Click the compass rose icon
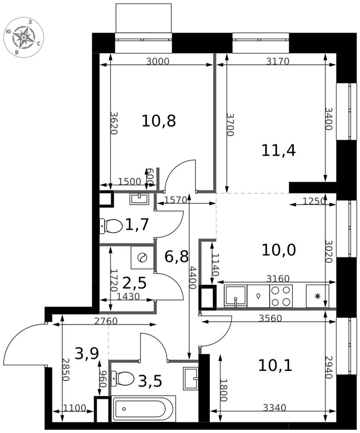coord(22,37)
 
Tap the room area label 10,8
coord(158,121)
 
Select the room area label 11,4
coord(278,150)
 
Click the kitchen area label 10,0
coord(278,250)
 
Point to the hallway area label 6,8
coord(177,257)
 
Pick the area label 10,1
coord(275,366)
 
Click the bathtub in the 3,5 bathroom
coord(144,408)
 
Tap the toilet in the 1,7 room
coord(111,226)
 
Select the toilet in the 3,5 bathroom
coord(123,378)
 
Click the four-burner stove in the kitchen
coord(281,296)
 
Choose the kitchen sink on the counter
coord(235,296)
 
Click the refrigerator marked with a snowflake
coord(318,296)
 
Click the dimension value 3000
coord(157,61)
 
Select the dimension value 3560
coord(270,319)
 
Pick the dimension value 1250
coord(314,201)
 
